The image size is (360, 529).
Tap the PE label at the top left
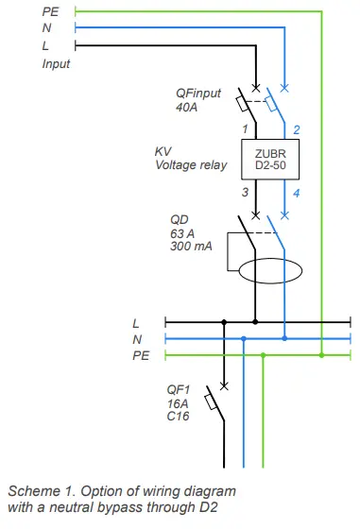[50, 11]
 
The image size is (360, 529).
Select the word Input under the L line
[56, 63]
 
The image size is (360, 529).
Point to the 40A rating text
[188, 108]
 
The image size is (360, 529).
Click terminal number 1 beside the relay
[244, 128]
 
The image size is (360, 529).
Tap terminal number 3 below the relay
[244, 192]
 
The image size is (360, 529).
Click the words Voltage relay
[192, 165]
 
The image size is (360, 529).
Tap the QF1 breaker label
[178, 388]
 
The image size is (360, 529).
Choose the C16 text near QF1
[178, 417]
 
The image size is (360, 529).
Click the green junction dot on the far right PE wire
[322, 355]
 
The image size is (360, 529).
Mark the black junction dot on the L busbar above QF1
[224, 322]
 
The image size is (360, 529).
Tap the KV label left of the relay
[163, 151]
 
